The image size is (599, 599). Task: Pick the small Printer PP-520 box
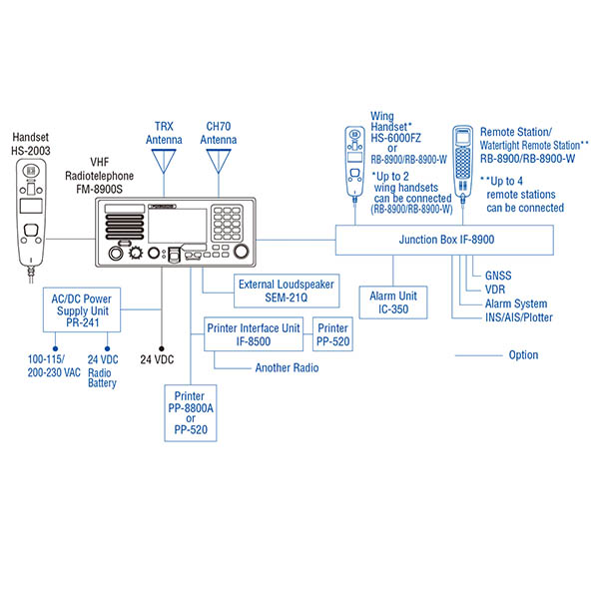[x=332, y=334]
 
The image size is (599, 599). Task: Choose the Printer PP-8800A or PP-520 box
[x=197, y=415]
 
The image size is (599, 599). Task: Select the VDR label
[x=496, y=289]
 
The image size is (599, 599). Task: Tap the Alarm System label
[x=515, y=303]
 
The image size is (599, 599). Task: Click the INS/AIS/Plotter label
[x=518, y=318]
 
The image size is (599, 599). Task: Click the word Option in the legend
[x=522, y=354]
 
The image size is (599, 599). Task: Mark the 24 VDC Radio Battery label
[x=102, y=370]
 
